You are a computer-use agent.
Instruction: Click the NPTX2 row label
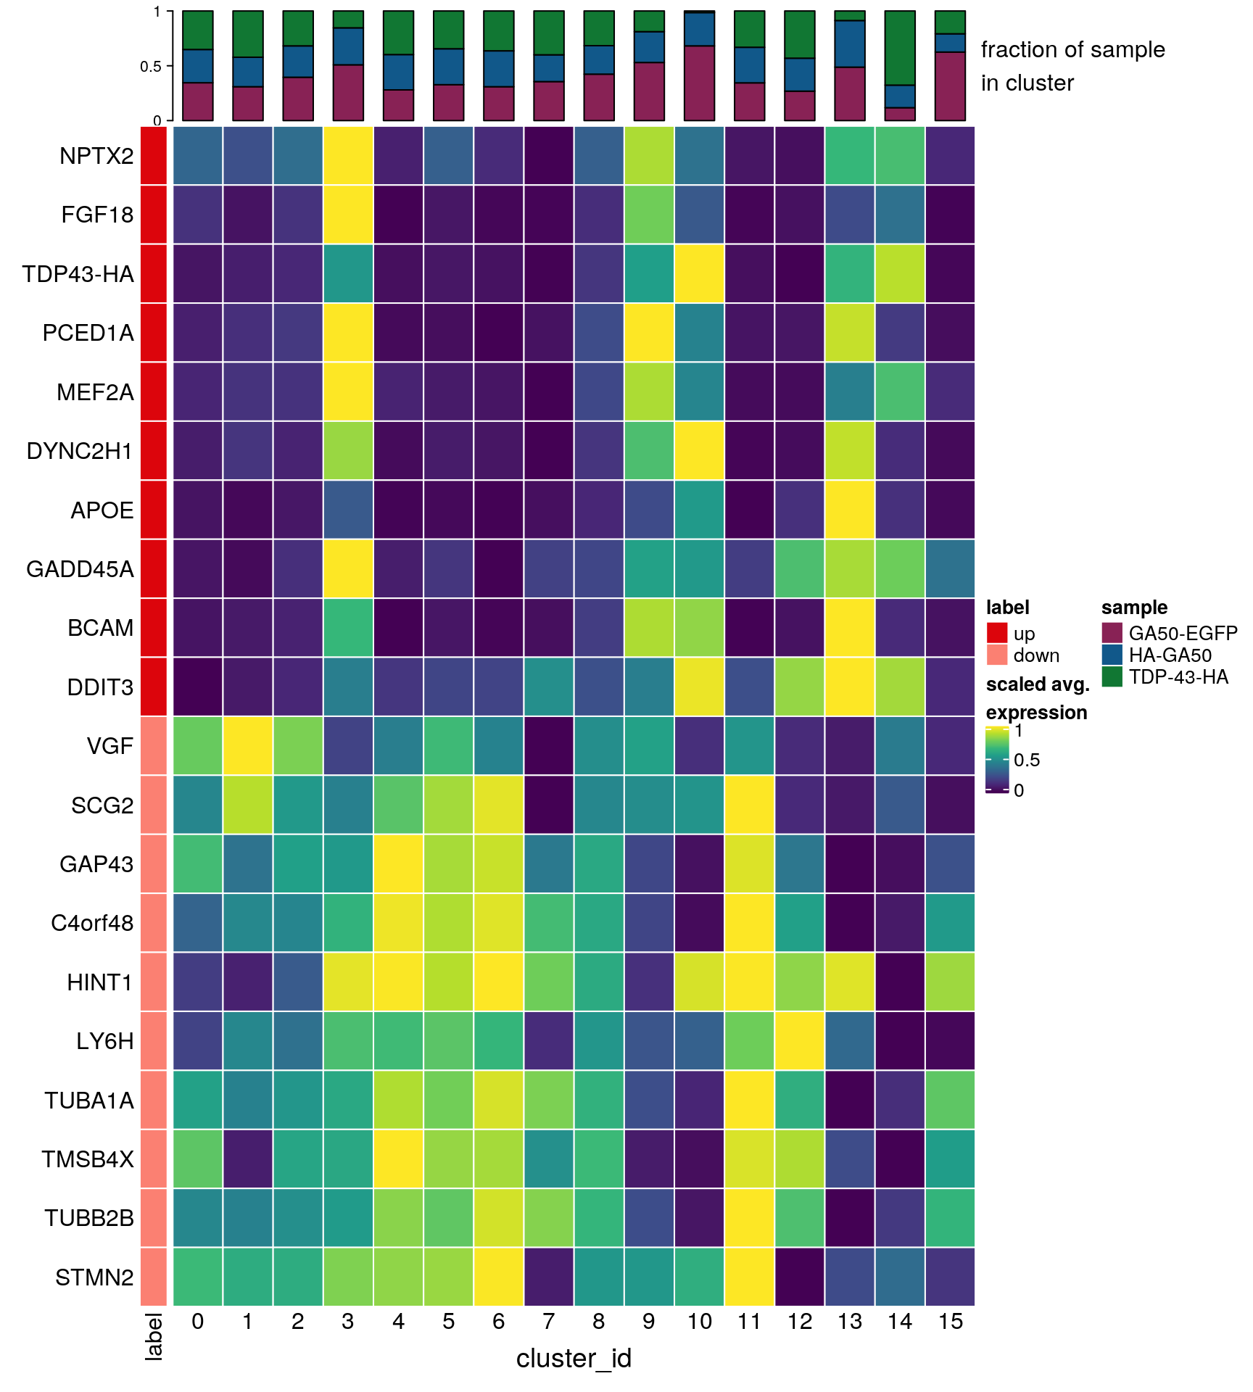(96, 156)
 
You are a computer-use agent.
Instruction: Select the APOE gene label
(102, 510)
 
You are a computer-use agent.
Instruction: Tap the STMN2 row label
(94, 1277)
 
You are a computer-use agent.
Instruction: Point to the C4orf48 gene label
(92, 923)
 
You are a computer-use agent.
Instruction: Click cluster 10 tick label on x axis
(700, 1322)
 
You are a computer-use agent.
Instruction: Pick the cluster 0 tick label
(198, 1322)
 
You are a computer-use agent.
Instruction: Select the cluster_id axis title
(574, 1358)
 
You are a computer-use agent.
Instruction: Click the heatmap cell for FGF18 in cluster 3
(348, 215)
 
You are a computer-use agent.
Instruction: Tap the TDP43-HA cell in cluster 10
(700, 274)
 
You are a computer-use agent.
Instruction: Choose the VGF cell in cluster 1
(248, 746)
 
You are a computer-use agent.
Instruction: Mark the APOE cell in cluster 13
(850, 510)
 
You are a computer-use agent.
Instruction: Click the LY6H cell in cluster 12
(800, 1041)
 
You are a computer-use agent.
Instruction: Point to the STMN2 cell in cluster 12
(800, 1277)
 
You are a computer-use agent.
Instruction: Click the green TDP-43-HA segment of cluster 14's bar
(900, 48)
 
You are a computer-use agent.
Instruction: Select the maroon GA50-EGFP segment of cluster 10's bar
(700, 83)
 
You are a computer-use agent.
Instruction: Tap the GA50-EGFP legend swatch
(1112, 633)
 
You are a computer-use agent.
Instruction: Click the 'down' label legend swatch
(997, 655)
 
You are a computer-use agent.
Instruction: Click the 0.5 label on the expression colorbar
(1027, 760)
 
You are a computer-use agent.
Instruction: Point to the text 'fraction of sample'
(1072, 49)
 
